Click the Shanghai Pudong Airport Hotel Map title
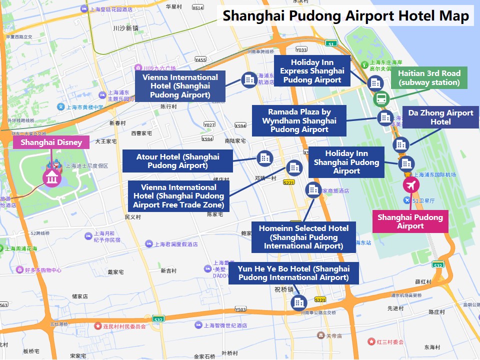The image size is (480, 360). (x=345, y=15)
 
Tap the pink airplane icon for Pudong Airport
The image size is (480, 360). (x=411, y=185)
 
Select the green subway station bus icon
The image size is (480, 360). (x=381, y=98)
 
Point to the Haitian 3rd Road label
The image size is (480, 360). (x=429, y=78)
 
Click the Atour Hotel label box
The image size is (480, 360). (x=177, y=161)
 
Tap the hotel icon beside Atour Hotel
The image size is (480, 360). (x=264, y=158)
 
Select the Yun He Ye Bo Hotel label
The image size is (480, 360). (x=293, y=273)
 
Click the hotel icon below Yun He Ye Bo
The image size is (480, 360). (x=299, y=302)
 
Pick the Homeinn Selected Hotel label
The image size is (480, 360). (x=303, y=237)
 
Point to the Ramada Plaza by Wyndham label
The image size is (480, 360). (x=299, y=120)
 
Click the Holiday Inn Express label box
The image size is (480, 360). (x=311, y=71)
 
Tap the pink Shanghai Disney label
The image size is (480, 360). (x=51, y=142)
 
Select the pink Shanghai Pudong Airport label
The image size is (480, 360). (x=410, y=221)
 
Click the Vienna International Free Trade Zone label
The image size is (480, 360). (x=178, y=196)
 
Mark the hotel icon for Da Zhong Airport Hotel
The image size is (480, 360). (x=400, y=145)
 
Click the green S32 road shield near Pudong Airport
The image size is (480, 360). (x=438, y=265)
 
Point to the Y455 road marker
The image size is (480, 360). (x=200, y=59)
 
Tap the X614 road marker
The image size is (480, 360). (x=198, y=7)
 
